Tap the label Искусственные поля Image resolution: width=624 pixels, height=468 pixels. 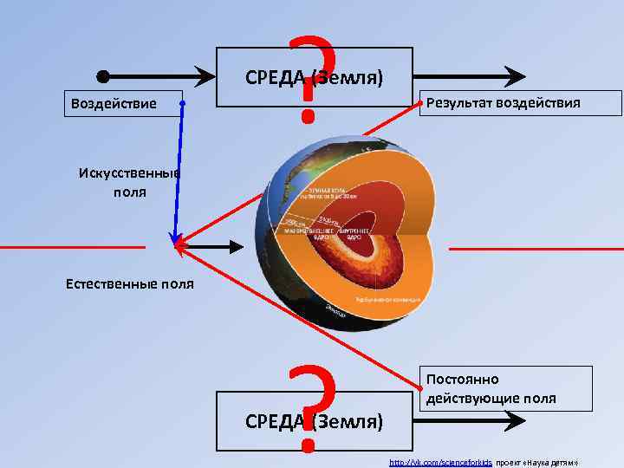pyautogui.click(x=128, y=182)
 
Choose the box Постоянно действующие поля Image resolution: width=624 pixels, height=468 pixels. pyautogui.click(x=506, y=388)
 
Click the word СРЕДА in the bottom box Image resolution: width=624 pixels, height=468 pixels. pyautogui.click(x=275, y=421)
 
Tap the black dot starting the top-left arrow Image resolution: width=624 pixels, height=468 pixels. pyautogui.click(x=102, y=75)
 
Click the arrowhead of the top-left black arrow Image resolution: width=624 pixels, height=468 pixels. pyautogui.click(x=218, y=75)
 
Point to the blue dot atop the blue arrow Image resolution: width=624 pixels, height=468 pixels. pyautogui.click(x=183, y=103)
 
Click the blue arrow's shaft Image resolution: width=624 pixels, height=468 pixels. pyautogui.click(x=179, y=173)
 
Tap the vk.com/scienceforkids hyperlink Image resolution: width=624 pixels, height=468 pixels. pyautogui.click(x=441, y=462)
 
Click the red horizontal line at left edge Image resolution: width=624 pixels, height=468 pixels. pyautogui.click(x=69, y=248)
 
